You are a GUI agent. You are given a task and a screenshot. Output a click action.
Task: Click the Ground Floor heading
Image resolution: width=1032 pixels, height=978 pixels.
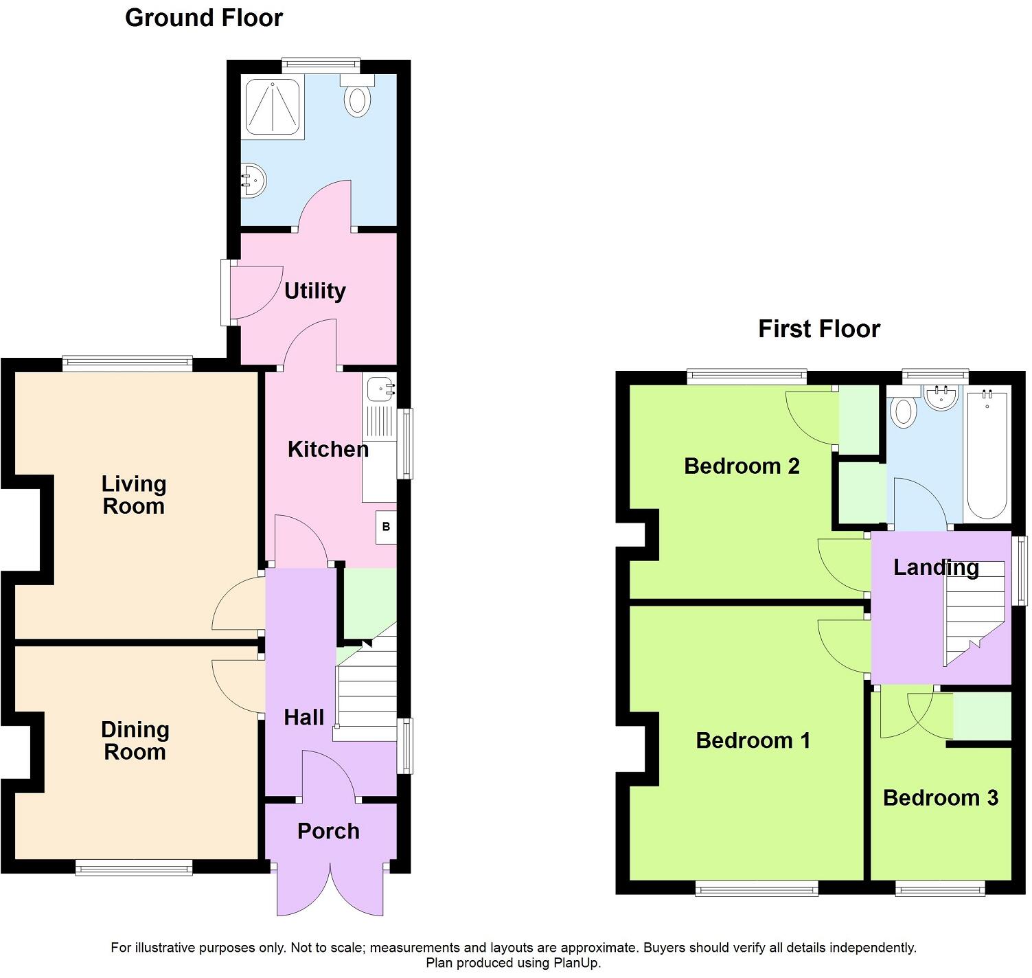point(203,18)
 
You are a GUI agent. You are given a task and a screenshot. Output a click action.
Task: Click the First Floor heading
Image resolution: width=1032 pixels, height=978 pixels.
point(818,329)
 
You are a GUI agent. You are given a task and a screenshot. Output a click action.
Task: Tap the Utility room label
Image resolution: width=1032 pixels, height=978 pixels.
point(314,291)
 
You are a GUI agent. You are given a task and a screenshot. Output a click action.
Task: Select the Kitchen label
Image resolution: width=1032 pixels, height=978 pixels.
point(328,449)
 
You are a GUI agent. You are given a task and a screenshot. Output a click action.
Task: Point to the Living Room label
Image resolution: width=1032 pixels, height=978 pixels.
point(134,495)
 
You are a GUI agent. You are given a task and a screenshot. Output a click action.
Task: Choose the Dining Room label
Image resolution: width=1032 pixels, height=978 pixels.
point(135,740)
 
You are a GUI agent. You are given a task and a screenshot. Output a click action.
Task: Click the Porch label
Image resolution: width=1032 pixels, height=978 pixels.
point(328,831)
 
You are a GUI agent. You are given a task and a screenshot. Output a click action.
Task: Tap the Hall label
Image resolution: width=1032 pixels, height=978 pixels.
point(303,718)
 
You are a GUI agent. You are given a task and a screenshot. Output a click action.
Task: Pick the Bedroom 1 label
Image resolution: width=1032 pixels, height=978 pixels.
point(753,740)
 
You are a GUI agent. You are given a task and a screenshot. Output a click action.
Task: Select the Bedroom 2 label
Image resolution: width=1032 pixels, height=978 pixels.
point(742,466)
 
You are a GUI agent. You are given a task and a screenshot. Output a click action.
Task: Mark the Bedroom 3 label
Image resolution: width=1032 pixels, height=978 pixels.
point(940,797)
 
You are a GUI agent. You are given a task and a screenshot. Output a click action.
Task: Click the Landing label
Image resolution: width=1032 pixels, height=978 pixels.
point(936,567)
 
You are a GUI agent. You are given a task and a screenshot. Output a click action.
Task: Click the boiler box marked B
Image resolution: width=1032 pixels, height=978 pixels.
point(386,527)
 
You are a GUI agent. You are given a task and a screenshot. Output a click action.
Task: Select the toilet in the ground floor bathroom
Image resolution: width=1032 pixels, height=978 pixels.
point(357,98)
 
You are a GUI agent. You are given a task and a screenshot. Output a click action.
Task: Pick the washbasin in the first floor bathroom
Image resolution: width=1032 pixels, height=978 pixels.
point(940,398)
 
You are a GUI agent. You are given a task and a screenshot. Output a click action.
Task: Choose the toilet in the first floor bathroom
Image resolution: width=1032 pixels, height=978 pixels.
point(904,412)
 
